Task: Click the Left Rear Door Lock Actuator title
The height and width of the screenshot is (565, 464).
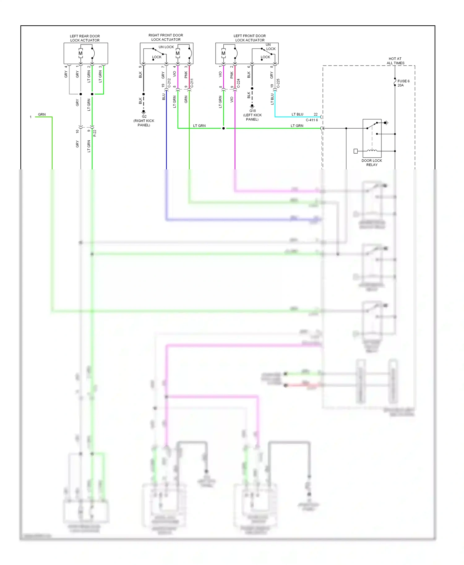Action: pos(85,38)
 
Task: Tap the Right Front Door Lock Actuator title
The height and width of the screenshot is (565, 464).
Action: pos(166,37)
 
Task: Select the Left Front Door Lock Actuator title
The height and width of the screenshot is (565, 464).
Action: pos(250,38)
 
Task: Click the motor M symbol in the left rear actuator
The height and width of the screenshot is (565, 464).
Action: pos(80,53)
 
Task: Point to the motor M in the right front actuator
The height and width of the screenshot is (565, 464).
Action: pos(178,53)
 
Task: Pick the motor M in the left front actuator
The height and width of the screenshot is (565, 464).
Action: pos(223,53)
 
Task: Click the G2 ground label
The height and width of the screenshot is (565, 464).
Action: pos(144,117)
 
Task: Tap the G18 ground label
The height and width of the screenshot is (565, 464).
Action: pos(252,111)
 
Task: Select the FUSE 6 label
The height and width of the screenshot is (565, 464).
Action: pos(403,81)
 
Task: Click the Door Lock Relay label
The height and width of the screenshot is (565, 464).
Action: pos(372,163)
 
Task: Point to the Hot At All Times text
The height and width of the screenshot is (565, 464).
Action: pos(395,61)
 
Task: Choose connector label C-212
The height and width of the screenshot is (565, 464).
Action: pos(169,83)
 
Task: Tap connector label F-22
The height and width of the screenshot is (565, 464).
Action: pos(95,133)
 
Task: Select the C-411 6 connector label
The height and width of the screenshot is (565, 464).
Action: pos(312,120)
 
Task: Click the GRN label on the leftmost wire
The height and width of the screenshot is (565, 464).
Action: pos(42,114)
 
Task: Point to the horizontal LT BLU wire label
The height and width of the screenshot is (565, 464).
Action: pos(297,114)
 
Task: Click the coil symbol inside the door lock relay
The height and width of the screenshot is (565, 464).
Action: pos(372,151)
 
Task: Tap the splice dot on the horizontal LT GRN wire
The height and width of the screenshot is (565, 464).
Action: pos(223,128)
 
